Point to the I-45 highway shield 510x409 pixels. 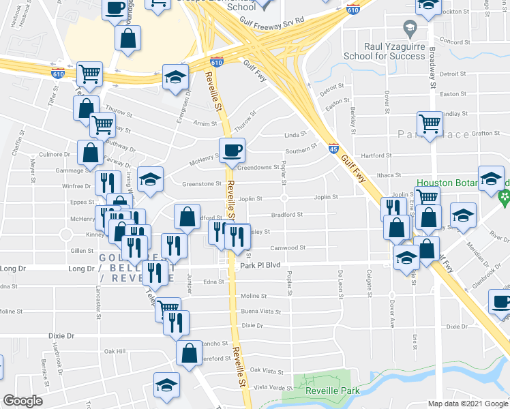coord(333,148)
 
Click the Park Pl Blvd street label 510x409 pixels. coord(260,264)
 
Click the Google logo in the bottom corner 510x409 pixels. coord(22,401)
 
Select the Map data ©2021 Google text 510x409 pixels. coord(468,404)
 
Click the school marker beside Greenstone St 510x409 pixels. coord(150,180)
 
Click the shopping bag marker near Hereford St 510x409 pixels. coord(189,352)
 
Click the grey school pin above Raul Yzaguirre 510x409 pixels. coord(410,29)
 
